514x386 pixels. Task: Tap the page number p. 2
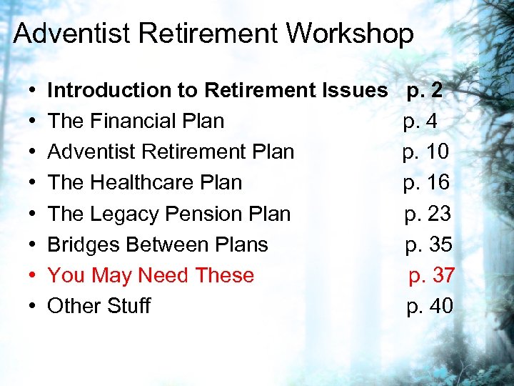coord(425,90)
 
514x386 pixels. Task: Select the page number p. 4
coord(420,122)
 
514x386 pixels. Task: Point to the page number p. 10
coord(425,152)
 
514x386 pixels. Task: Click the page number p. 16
coord(426,182)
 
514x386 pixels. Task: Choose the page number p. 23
coord(428,214)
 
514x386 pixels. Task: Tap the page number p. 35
coord(429,244)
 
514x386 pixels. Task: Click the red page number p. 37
coord(431,275)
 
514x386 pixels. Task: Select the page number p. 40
coord(430,306)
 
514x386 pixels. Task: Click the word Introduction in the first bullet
coord(106,90)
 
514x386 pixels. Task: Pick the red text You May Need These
coord(151,275)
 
